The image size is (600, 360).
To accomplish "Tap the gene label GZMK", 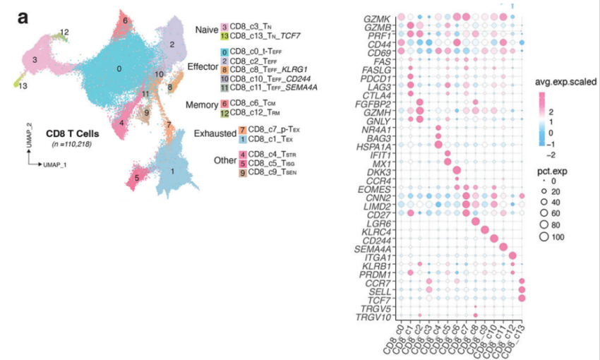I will click(378, 17).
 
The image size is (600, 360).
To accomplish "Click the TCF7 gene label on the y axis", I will click(381, 298).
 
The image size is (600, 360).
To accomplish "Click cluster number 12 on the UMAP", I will click(64, 32).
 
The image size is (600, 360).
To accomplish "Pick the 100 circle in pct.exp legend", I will click(546, 236).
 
